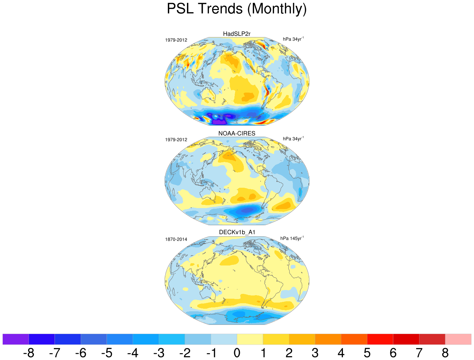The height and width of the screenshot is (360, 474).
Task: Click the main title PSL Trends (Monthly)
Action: pos(237,9)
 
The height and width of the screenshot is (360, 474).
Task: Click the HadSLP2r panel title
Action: pos(237,34)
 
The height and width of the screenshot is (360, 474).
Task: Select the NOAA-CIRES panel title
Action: pos(237,134)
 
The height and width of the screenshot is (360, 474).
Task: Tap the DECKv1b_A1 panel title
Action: pos(237,232)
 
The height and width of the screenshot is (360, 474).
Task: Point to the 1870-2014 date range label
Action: pos(176,239)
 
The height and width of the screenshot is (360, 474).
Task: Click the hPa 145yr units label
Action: pos(292,238)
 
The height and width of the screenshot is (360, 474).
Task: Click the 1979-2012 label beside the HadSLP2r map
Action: pos(176,40)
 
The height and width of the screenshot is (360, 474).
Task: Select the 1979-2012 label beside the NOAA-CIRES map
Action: pos(176,140)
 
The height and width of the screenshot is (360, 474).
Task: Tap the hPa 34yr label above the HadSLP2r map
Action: pos(293,39)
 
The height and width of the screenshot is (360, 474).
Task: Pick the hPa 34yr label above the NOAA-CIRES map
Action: pos(293,139)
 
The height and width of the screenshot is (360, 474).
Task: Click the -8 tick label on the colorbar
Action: pos(29,353)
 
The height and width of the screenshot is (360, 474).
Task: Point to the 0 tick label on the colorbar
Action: pos(237,353)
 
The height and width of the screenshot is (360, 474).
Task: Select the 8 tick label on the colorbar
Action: pos(445,353)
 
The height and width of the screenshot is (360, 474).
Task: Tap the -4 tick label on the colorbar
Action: pos(133,353)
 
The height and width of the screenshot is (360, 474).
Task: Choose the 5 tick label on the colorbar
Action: pos(367,353)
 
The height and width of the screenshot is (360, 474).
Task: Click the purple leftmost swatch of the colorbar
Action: pos(15,339)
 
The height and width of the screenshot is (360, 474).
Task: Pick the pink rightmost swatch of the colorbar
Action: pos(458,339)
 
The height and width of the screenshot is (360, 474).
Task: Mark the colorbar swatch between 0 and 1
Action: pos(250,339)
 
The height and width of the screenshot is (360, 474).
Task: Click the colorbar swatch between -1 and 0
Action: pos(224,339)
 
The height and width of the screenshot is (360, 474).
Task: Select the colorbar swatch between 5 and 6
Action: pos(380,339)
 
